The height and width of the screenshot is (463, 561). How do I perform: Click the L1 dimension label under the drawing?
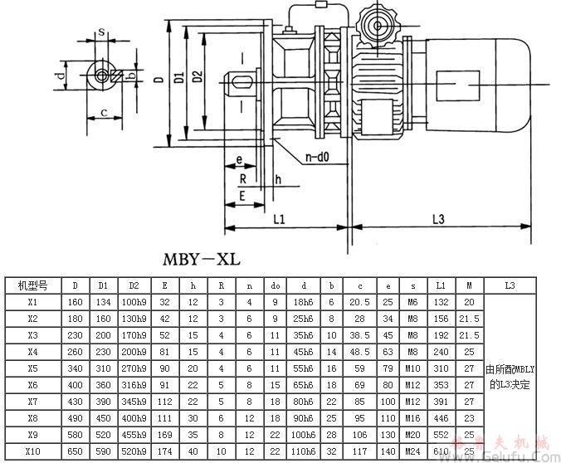[x=280, y=220]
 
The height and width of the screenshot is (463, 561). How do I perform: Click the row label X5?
[x=33, y=368]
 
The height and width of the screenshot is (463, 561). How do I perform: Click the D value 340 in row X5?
[x=75, y=368]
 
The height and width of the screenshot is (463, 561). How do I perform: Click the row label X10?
[x=33, y=451]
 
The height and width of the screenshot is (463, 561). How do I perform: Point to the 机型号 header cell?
[x=33, y=285]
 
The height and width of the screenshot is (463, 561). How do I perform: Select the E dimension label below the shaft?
[x=241, y=197]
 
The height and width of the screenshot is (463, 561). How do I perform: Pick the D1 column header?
[x=104, y=285]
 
